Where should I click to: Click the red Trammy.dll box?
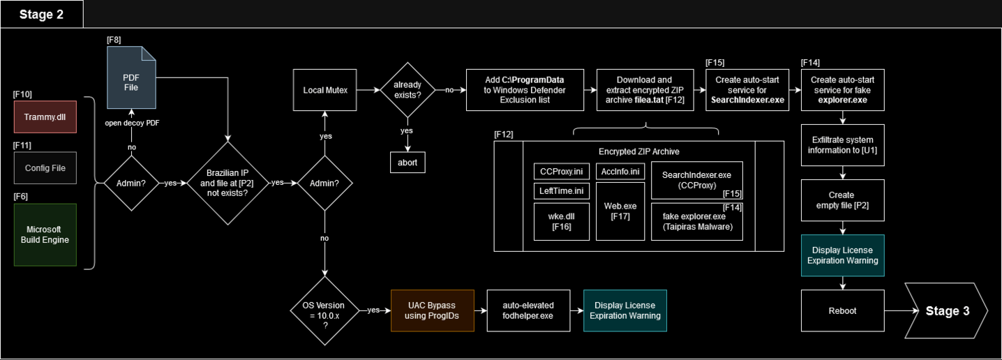[x=45, y=117]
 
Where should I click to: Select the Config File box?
[x=45, y=167]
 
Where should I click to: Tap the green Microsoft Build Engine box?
[x=45, y=234]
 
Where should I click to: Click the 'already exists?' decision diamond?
[x=405, y=90]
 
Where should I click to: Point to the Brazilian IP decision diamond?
[x=228, y=183]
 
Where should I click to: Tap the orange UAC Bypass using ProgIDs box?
[x=432, y=310]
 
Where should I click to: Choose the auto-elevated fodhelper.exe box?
[x=528, y=310]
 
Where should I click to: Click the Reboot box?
[x=843, y=310]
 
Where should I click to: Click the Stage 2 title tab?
[x=42, y=14]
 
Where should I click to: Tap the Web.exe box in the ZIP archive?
[x=620, y=211]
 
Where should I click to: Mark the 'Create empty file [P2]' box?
[x=843, y=200]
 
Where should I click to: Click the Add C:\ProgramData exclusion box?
[x=524, y=90]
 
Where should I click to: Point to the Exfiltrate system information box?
[x=843, y=145]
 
